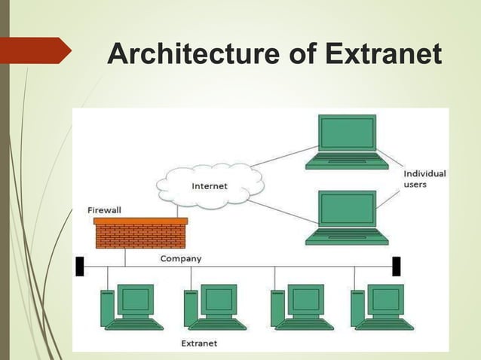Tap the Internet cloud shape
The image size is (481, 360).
coord(210,185)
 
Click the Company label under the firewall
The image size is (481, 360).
coord(181,258)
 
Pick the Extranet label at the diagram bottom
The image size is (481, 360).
coord(199,343)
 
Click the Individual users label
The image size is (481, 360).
coord(424,178)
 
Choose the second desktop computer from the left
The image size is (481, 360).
coord(215,307)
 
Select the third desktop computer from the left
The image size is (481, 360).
coord(302,307)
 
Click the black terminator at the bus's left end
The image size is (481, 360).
coord(79,267)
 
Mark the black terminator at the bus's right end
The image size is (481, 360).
coord(396,267)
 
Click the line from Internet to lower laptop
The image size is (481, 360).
coord(283,211)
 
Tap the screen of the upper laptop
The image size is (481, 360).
coord(347,134)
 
